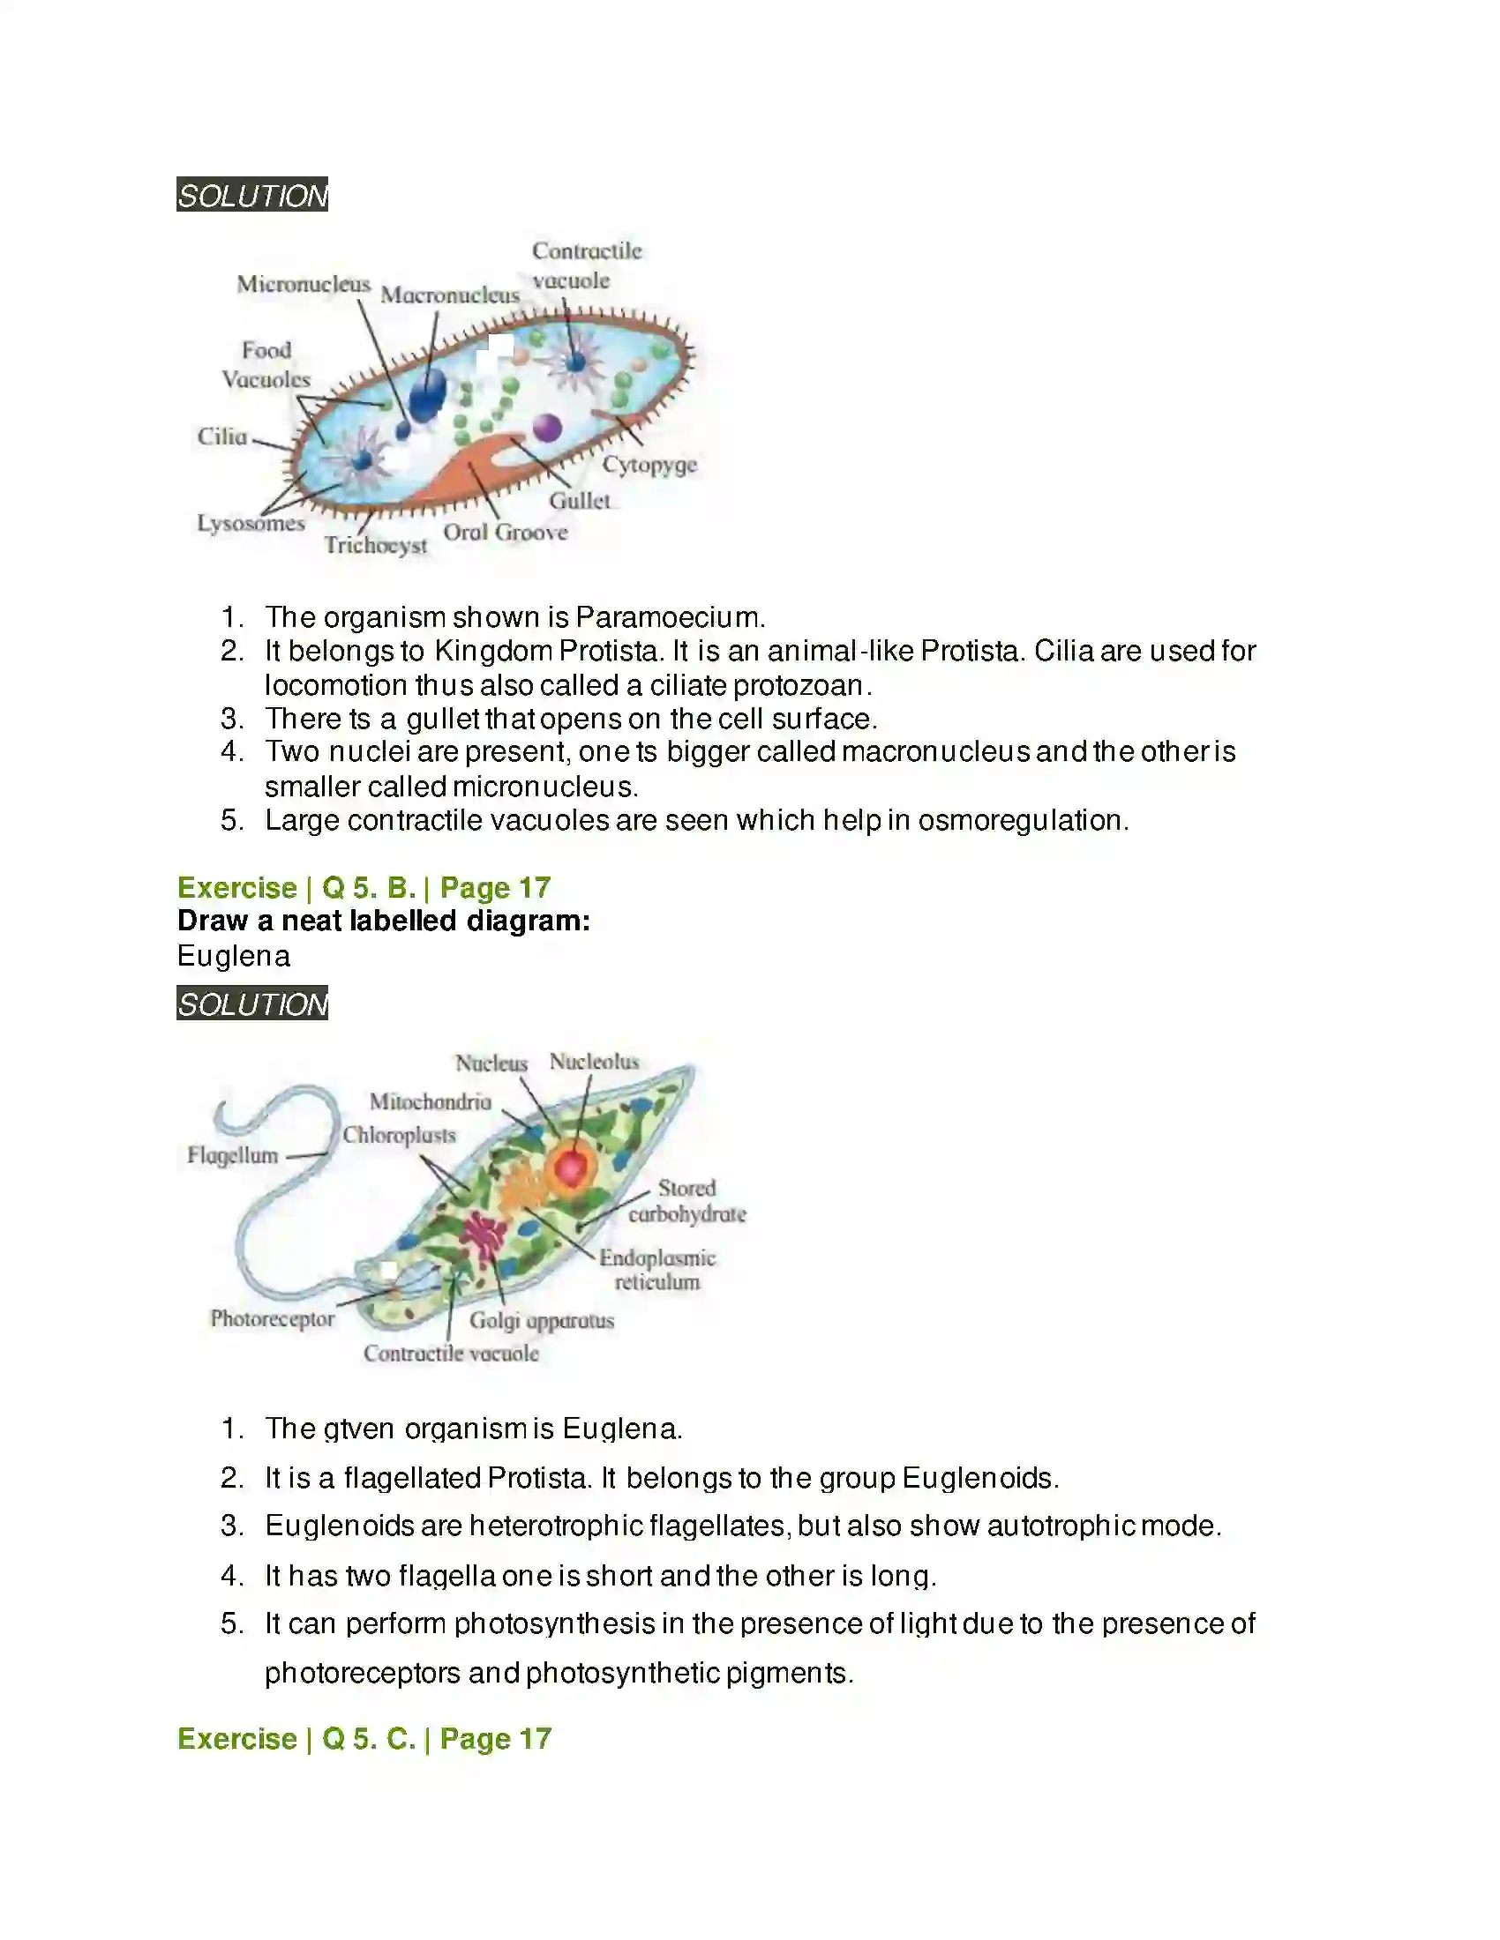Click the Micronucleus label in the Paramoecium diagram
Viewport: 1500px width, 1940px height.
pyautogui.click(x=303, y=284)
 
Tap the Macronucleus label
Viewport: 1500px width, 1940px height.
pyautogui.click(x=450, y=295)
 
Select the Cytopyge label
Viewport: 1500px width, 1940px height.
pyautogui.click(x=649, y=465)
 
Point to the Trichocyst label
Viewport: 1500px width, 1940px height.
pyautogui.click(x=375, y=544)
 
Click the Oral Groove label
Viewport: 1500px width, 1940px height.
pyautogui.click(x=505, y=532)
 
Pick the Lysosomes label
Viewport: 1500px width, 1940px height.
pyautogui.click(x=251, y=523)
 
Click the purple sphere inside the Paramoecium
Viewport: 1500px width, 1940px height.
pyautogui.click(x=546, y=429)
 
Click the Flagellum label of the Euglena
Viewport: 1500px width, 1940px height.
pyautogui.click(x=233, y=1155)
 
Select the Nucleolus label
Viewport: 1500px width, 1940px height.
pyautogui.click(x=594, y=1062)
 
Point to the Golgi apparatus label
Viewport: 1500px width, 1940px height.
pyautogui.click(x=541, y=1321)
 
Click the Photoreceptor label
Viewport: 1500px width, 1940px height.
pyautogui.click(x=272, y=1319)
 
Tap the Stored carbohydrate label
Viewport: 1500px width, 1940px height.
pyautogui.click(x=686, y=1201)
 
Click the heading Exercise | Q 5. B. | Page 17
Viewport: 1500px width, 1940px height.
pyautogui.click(x=364, y=887)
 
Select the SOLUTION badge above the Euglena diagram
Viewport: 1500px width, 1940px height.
pyautogui.click(x=252, y=1004)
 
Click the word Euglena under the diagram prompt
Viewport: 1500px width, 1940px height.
pyautogui.click(x=234, y=956)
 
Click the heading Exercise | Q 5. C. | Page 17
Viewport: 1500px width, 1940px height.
pyautogui.click(x=364, y=1738)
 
